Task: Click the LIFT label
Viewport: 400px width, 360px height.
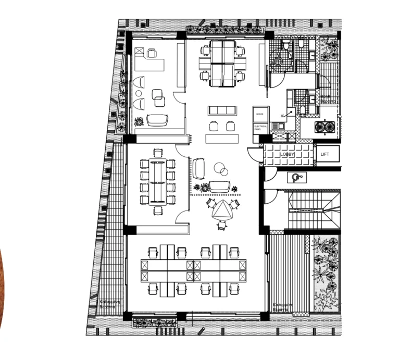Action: [x=326, y=154]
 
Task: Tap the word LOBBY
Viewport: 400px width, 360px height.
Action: [x=287, y=155]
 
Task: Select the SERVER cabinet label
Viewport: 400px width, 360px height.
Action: [x=260, y=114]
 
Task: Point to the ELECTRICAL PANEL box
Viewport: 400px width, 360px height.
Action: [x=260, y=127]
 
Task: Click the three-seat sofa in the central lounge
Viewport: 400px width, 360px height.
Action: [x=222, y=110]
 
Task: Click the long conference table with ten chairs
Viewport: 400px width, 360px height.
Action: [x=157, y=182]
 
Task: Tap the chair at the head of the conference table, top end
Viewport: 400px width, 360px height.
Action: [x=157, y=153]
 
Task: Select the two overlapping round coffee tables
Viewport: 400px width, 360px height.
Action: [x=221, y=169]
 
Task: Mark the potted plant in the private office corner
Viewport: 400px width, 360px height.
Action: [x=139, y=122]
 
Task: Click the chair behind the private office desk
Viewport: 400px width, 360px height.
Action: [x=152, y=53]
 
